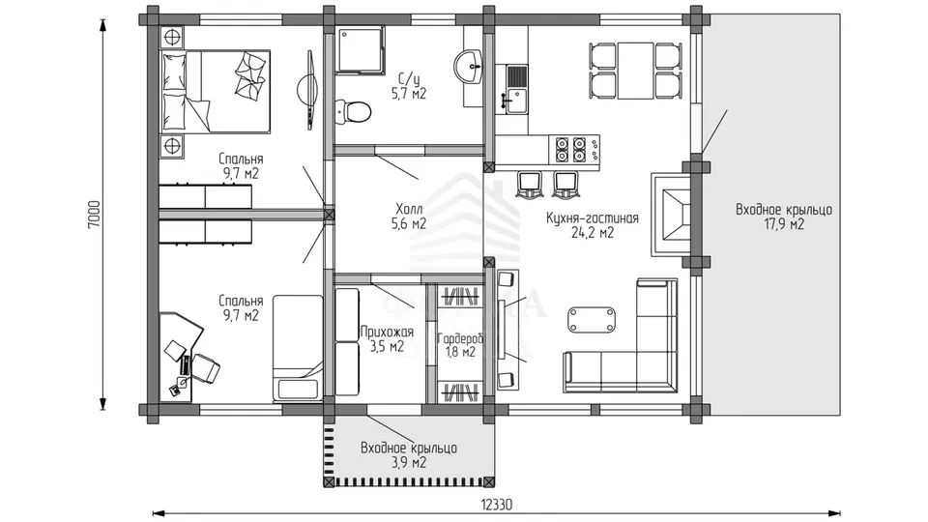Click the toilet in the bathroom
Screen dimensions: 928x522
pos(353,110)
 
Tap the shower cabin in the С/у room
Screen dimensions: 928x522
pos(361,49)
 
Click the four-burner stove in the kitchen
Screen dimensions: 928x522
pos(570,149)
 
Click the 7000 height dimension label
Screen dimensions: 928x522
pos(95,215)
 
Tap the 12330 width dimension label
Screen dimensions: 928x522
pos(496,505)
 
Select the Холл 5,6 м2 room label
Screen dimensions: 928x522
pos(409,216)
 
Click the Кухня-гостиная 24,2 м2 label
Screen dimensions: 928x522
pos(592,225)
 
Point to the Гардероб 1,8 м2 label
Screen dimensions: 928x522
pos(460,346)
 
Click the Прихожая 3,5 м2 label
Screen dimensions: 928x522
pos(387,339)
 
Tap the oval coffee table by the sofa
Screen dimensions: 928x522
pos(592,320)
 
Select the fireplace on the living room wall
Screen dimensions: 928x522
pos(671,215)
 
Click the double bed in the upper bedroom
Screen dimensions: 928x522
pos(216,91)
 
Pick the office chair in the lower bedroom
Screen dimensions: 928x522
pos(205,367)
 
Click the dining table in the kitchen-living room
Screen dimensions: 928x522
pos(636,71)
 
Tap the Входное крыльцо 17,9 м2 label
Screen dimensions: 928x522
pos(784,217)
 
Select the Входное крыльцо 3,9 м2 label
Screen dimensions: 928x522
pos(408,455)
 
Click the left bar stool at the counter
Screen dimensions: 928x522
pos(528,185)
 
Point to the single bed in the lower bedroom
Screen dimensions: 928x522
pos(298,349)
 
